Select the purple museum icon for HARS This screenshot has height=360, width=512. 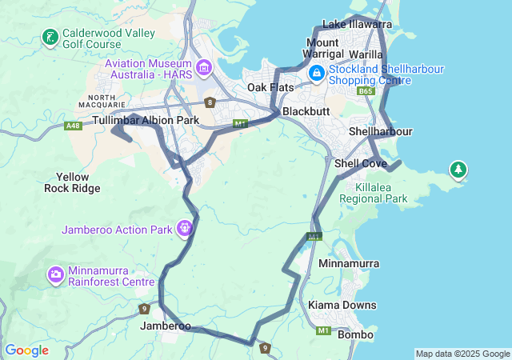point(203,68)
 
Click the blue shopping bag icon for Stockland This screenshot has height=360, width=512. point(317,73)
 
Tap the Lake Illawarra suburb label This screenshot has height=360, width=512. point(357,25)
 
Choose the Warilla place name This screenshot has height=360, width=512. point(366,54)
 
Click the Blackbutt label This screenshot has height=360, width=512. point(306,111)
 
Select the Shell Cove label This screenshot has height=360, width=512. point(360,163)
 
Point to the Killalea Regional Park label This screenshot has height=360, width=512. point(374,193)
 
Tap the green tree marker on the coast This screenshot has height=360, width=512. point(458,170)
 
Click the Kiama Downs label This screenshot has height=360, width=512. point(343,306)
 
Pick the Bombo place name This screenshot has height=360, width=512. point(356,334)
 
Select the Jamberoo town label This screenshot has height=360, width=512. point(166,326)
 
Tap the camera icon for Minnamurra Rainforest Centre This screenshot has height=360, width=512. point(56,275)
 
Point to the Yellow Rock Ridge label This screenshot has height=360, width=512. point(72,182)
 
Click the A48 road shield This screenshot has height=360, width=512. point(74,126)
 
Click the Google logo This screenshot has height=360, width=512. point(26,350)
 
